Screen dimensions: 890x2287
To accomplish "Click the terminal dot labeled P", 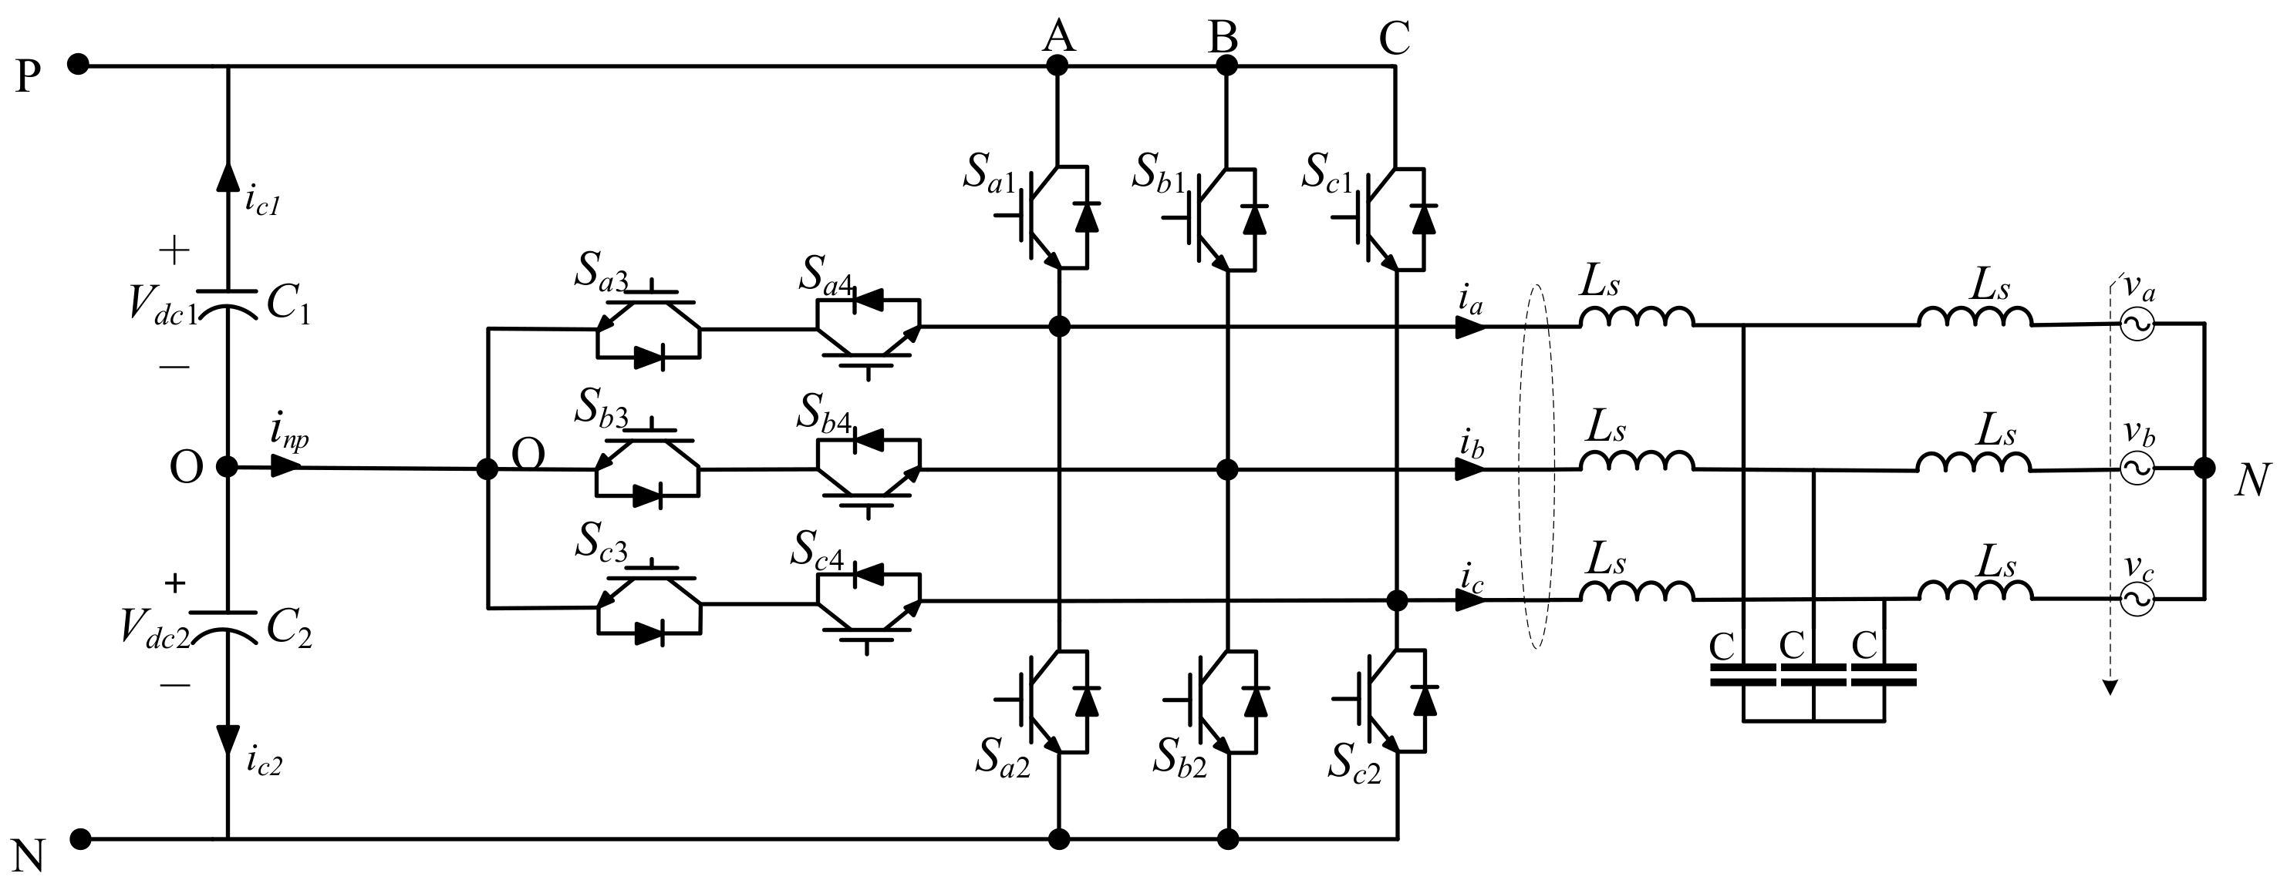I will [78, 65].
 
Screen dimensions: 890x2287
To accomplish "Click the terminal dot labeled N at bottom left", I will [80, 838].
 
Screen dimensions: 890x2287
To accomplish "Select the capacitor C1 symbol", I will [228, 302].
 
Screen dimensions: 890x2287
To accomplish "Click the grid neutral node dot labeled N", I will [2204, 468].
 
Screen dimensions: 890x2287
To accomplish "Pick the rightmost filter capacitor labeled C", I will [1883, 675].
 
